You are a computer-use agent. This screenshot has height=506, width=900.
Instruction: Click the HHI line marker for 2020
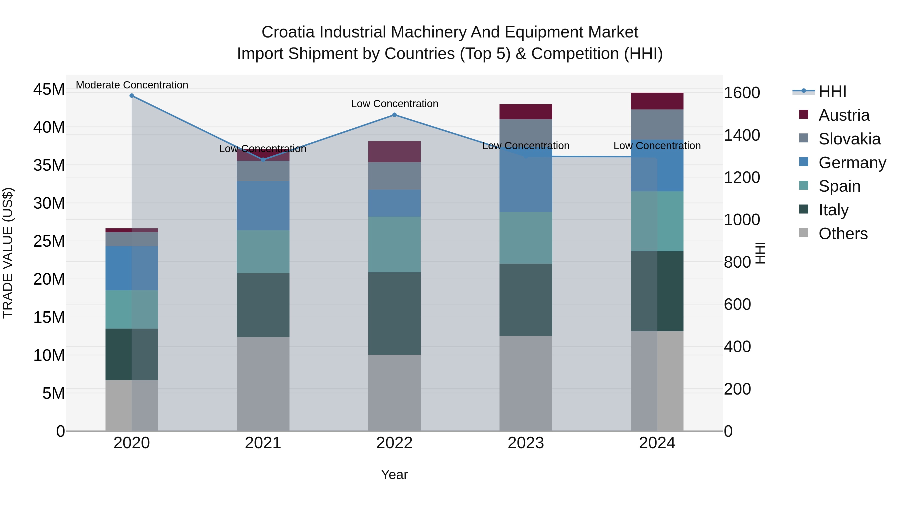tap(132, 96)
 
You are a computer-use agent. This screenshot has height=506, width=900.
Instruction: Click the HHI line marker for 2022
tap(394, 115)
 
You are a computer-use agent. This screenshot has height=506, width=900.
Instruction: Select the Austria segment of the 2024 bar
tap(657, 101)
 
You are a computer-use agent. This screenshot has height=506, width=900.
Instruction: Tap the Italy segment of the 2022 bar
tap(394, 314)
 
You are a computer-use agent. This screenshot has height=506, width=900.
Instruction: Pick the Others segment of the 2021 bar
tap(263, 384)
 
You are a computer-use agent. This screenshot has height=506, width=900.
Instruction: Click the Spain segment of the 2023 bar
tap(526, 238)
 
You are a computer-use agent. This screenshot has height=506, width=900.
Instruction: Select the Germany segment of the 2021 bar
tap(263, 206)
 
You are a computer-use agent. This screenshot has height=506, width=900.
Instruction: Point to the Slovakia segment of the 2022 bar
tap(394, 176)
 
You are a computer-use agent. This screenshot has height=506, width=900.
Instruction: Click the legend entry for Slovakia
tap(849, 139)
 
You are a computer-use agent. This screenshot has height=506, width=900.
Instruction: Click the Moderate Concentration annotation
tap(132, 85)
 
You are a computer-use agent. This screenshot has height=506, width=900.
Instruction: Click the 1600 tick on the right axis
tap(742, 93)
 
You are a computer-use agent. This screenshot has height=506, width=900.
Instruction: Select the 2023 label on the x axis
tap(526, 443)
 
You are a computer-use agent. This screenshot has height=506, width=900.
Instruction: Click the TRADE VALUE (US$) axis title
tap(8, 253)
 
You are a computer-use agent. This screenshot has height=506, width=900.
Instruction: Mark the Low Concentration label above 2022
tap(394, 104)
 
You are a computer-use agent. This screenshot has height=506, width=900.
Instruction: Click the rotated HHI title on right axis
tap(760, 253)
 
